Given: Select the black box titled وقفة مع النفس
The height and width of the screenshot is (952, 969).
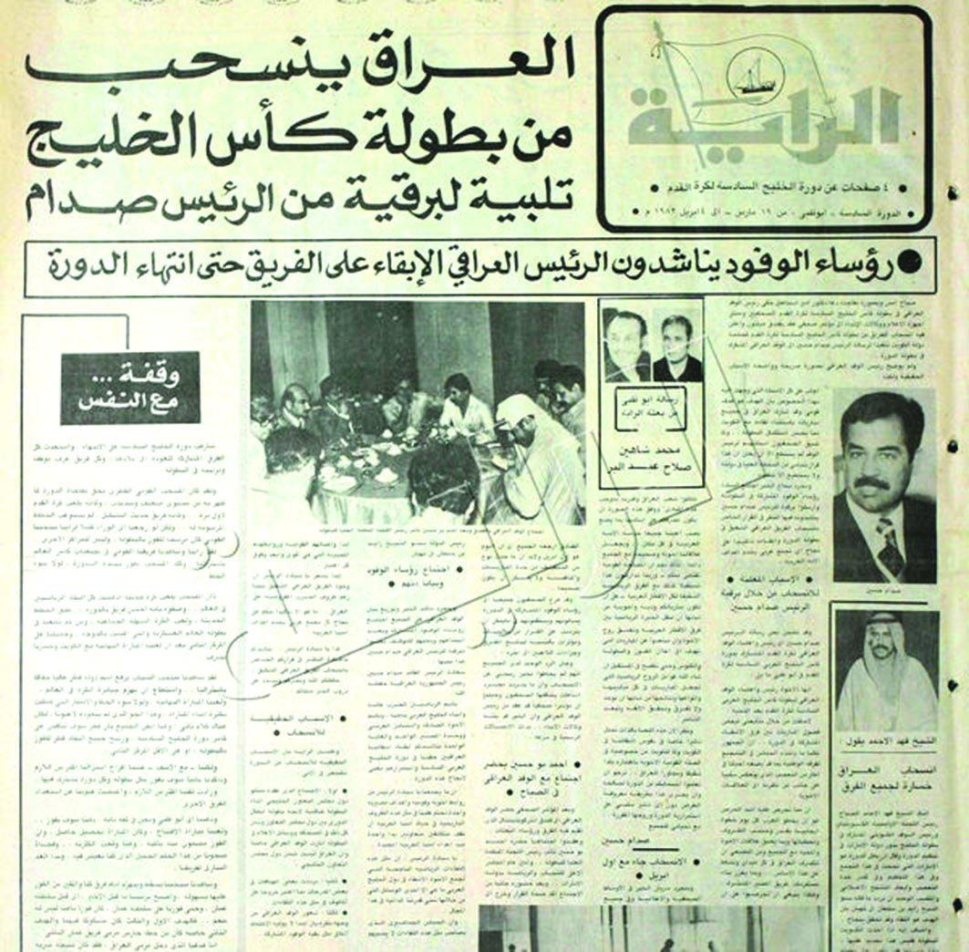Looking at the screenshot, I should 130,388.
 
